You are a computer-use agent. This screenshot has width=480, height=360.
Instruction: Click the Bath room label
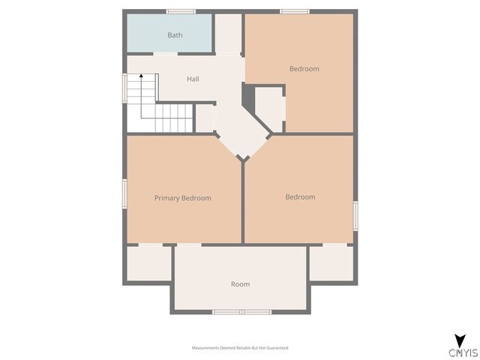click(x=175, y=35)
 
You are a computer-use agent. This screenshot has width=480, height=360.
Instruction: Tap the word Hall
click(x=193, y=79)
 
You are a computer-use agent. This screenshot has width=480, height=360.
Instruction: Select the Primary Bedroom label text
click(x=182, y=198)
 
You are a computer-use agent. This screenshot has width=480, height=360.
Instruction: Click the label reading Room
click(x=240, y=284)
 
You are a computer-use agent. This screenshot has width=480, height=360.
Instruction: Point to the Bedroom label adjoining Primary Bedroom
click(x=300, y=197)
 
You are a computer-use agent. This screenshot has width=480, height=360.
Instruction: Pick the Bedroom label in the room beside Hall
click(x=304, y=69)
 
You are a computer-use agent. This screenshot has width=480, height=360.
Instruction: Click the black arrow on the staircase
click(x=141, y=76)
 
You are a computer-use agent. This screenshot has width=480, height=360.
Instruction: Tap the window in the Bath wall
click(x=181, y=11)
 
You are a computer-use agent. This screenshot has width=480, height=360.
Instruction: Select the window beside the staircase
click(x=124, y=86)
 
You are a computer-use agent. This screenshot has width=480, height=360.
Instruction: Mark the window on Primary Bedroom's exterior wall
click(x=124, y=191)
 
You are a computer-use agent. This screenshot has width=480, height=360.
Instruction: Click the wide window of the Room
click(x=241, y=311)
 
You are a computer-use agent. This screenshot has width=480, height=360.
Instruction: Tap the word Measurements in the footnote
click(x=205, y=348)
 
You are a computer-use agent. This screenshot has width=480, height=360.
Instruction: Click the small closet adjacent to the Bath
click(x=229, y=34)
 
